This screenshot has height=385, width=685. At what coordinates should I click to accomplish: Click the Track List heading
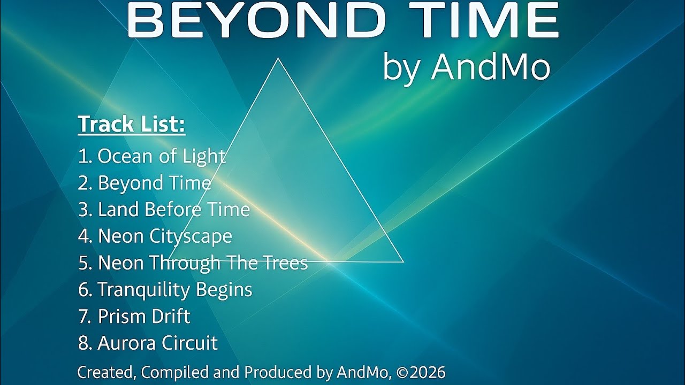(x=132, y=124)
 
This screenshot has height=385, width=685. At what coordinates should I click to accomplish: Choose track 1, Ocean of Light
(x=151, y=156)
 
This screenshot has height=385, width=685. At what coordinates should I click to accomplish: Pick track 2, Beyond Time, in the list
(x=144, y=183)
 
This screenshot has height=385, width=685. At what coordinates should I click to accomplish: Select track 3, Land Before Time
(x=164, y=210)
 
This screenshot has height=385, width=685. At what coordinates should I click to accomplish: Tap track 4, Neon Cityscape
(x=155, y=236)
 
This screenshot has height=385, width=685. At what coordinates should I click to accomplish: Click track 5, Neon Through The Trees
(x=193, y=263)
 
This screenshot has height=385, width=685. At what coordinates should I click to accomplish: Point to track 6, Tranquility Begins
(x=165, y=290)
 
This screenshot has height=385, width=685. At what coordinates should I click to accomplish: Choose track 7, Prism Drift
(x=134, y=317)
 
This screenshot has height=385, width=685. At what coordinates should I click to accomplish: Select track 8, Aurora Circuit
(x=148, y=343)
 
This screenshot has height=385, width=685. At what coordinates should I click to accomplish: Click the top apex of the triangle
(x=278, y=59)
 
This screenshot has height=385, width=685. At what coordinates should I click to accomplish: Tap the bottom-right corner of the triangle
(x=402, y=261)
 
